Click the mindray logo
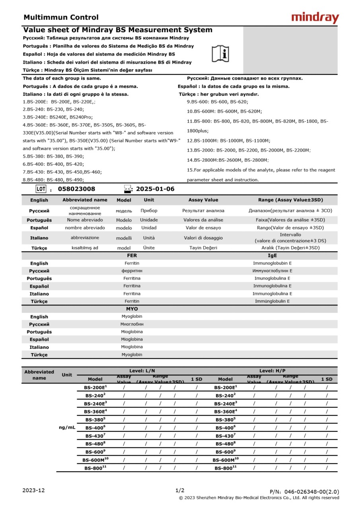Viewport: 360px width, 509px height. tap(315, 18)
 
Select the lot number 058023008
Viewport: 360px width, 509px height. tap(76, 189)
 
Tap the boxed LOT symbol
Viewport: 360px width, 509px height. tap(41, 189)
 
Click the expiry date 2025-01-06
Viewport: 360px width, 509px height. tap(155, 189)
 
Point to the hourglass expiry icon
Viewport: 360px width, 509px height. tap(127, 189)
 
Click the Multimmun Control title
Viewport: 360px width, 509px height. tap(61, 17)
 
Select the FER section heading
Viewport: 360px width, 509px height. tap(132, 256)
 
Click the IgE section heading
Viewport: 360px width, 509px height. tap(272, 256)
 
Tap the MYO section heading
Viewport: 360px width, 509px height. tap(132, 309)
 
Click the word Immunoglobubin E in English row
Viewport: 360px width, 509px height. tap(272, 263)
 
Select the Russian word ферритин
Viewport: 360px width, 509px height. tap(132, 271)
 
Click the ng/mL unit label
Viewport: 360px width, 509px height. tap(67, 427)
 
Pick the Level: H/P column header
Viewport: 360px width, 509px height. tap(272, 371)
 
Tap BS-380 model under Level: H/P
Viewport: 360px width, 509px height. tap(226, 419)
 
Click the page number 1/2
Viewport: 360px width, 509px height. tap(180, 490)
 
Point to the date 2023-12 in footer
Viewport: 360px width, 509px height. tap(33, 490)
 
